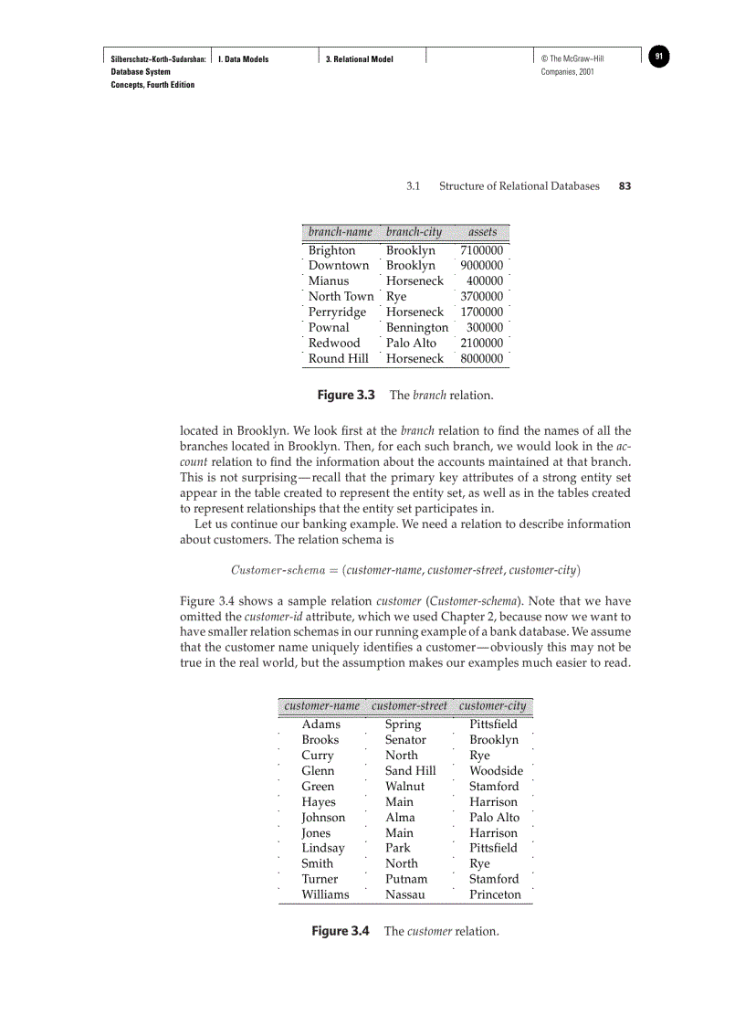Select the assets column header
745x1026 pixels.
pos(482,232)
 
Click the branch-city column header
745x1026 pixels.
pos(414,232)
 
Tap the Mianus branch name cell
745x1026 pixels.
pos(328,280)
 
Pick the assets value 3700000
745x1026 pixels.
pos(481,296)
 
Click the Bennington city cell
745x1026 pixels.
pos(417,327)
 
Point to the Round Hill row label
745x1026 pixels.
pos(338,358)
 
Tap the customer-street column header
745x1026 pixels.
pos(409,705)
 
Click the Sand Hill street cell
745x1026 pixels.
pos(410,770)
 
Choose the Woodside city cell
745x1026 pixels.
pos(496,770)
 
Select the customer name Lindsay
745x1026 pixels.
pos(323,848)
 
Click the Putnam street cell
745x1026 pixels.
pos(405,879)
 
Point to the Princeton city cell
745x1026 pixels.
pos(495,894)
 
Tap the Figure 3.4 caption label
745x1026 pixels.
pos(340,931)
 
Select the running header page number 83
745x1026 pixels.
pos(624,185)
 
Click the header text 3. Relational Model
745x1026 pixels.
pos(360,58)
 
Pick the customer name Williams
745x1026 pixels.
pos(325,894)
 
